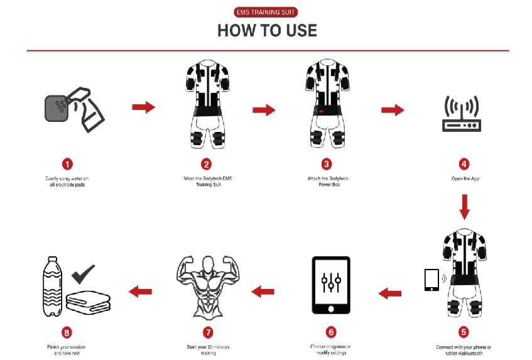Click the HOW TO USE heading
[x=267, y=30]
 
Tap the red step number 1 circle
[x=67, y=164]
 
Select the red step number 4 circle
[x=464, y=164]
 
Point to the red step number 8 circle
[x=67, y=332]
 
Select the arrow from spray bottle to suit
[x=143, y=107]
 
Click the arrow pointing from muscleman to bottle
[x=140, y=290]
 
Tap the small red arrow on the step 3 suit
[x=321, y=112]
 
